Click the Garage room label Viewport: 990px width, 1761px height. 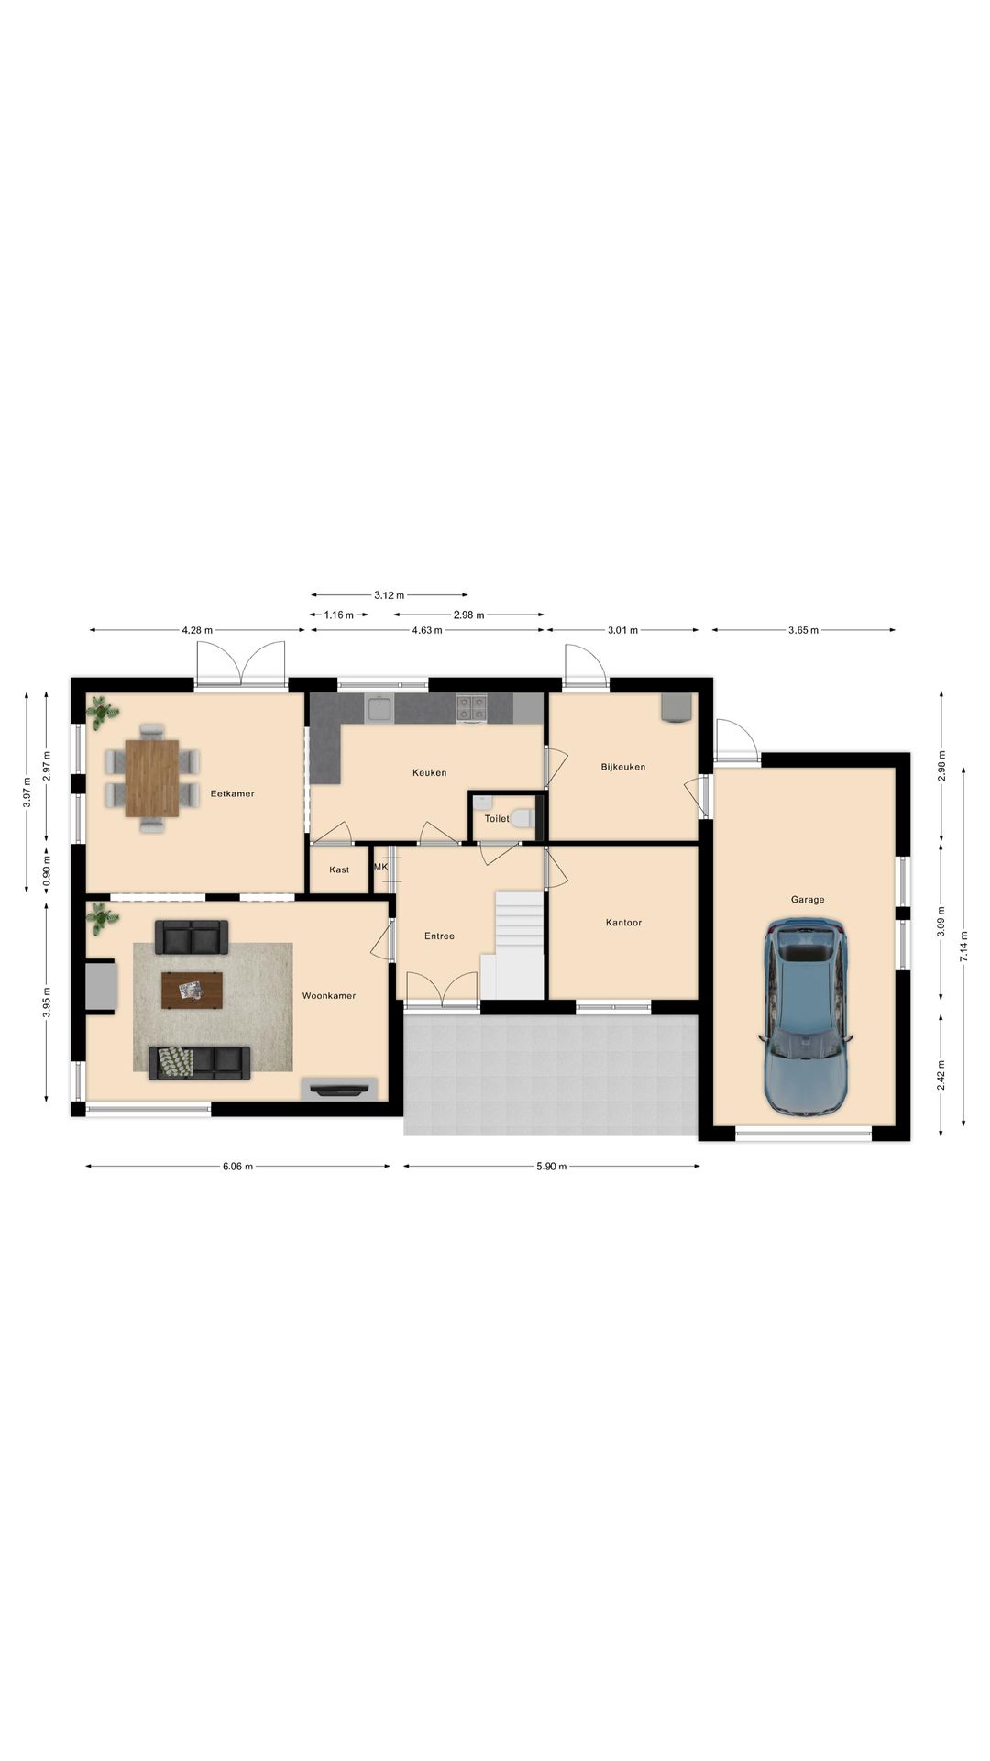[x=808, y=900]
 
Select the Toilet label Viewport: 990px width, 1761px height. [x=496, y=818]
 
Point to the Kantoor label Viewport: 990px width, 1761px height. [x=623, y=923]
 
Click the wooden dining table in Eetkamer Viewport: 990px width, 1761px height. [x=152, y=778]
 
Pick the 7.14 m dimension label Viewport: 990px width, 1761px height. [x=962, y=945]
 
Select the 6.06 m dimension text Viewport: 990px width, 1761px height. [x=237, y=1167]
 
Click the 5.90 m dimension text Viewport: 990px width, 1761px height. [x=551, y=1167]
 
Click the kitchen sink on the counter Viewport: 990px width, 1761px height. [x=379, y=708]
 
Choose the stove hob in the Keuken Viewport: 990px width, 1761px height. [x=471, y=707]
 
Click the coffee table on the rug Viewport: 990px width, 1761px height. [x=192, y=991]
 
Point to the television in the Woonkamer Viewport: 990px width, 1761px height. [x=340, y=1089]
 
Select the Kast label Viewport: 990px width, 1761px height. [x=339, y=869]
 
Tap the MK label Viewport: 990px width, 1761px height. [x=381, y=867]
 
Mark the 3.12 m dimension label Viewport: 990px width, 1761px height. [x=390, y=595]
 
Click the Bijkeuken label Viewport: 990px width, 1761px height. [x=623, y=767]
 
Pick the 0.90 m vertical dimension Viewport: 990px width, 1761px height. [x=47, y=869]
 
